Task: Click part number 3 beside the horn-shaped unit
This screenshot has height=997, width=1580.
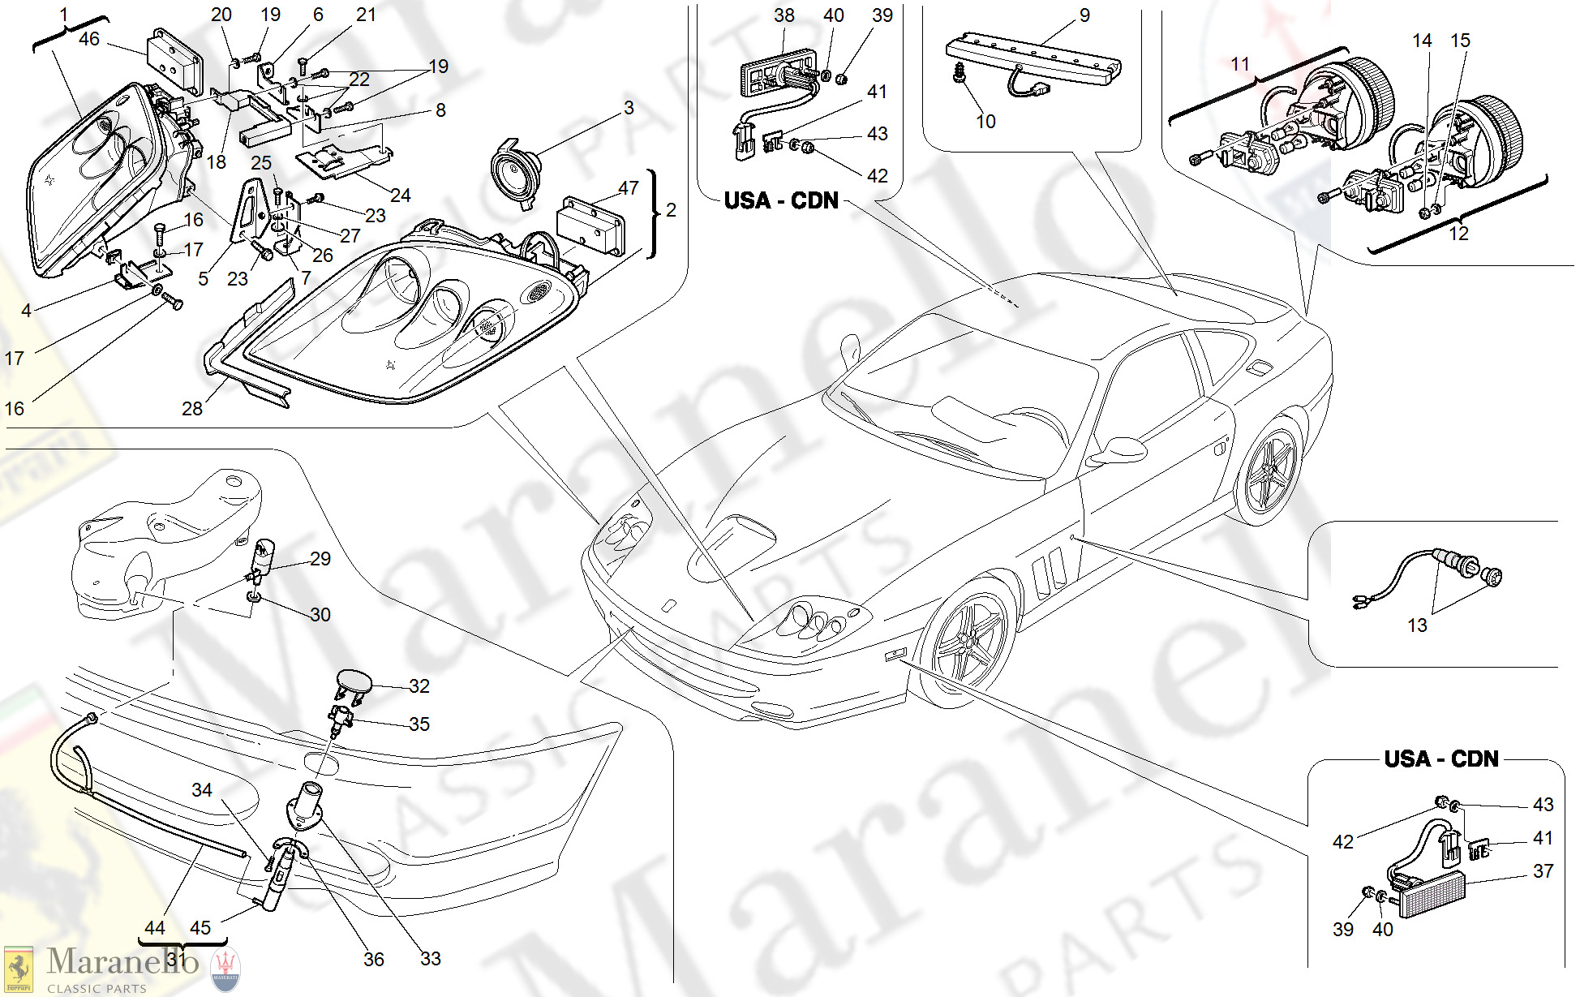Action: [629, 108]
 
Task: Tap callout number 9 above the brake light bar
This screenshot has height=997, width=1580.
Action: [1084, 15]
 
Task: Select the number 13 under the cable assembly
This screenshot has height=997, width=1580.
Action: [1417, 625]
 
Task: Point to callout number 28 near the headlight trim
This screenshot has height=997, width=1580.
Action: [192, 409]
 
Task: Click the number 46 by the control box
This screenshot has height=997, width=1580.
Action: [89, 39]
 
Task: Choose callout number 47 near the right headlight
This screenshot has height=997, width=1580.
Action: [629, 188]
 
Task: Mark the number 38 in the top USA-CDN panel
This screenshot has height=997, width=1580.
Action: [784, 15]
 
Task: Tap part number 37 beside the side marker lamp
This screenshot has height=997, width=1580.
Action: [1543, 871]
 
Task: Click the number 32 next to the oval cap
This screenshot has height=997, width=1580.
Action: [419, 686]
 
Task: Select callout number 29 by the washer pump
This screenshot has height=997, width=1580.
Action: [320, 559]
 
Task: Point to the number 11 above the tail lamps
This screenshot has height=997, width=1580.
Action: [1240, 64]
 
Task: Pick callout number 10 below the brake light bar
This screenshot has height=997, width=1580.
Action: [985, 122]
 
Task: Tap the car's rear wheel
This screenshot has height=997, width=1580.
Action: [1270, 471]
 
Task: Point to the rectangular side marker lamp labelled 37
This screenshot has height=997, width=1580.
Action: [1431, 894]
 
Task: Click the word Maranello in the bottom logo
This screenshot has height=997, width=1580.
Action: [122, 962]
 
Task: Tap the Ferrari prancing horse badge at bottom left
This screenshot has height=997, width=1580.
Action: [19, 970]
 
